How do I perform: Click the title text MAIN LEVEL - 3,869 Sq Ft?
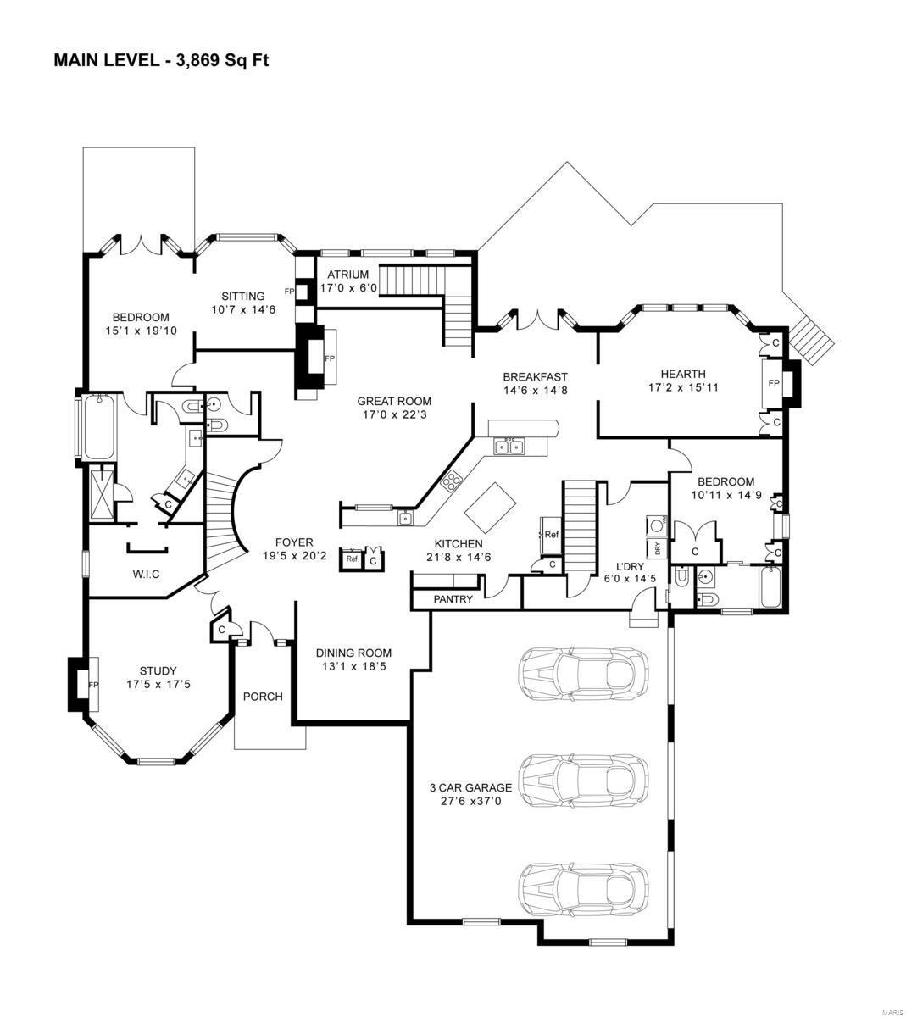(x=161, y=60)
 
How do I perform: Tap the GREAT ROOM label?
(x=394, y=402)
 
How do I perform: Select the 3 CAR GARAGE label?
(x=470, y=787)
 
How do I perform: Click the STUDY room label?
(x=158, y=671)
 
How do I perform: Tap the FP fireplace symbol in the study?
(x=93, y=684)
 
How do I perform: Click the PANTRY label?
(x=453, y=599)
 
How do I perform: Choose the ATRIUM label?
(x=344, y=275)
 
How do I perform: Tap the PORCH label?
(x=263, y=697)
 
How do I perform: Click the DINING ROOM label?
(x=353, y=653)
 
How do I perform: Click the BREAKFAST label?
(x=535, y=377)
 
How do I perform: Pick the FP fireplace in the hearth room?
(x=773, y=383)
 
